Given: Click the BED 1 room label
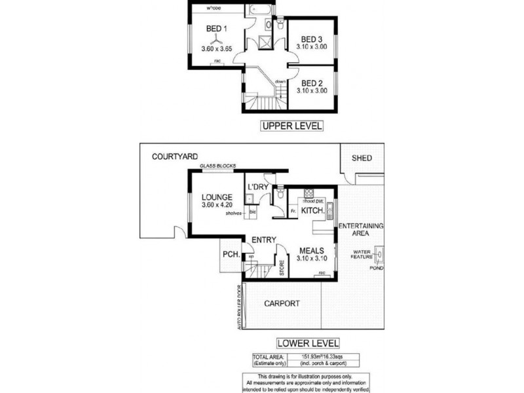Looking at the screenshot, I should (215, 29).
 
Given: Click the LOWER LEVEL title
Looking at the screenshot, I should (308, 343).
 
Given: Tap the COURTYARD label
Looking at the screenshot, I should (175, 157).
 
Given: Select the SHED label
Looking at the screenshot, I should (362, 158).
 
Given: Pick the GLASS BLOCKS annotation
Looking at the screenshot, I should (217, 166).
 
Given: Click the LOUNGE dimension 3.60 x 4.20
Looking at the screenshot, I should (217, 206).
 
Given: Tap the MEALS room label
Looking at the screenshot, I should (313, 250).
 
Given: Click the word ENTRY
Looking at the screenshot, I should (263, 239).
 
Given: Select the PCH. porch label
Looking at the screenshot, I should (230, 253).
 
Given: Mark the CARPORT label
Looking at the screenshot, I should (282, 303).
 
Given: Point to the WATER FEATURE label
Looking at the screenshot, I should (364, 254).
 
